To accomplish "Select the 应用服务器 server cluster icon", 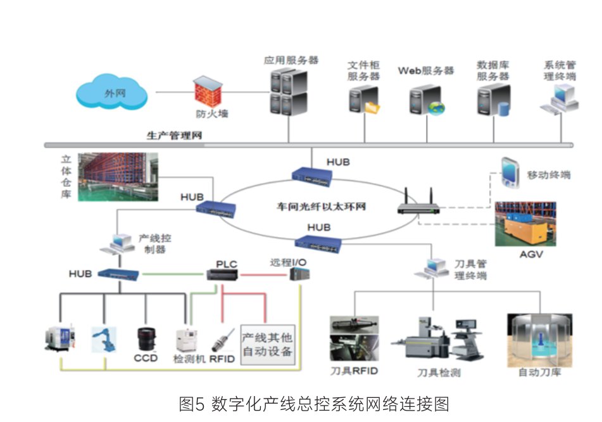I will click(x=289, y=93).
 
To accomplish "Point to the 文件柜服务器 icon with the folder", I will click(x=363, y=101).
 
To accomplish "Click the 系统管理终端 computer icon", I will click(x=560, y=99).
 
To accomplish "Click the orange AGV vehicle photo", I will click(x=525, y=225).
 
